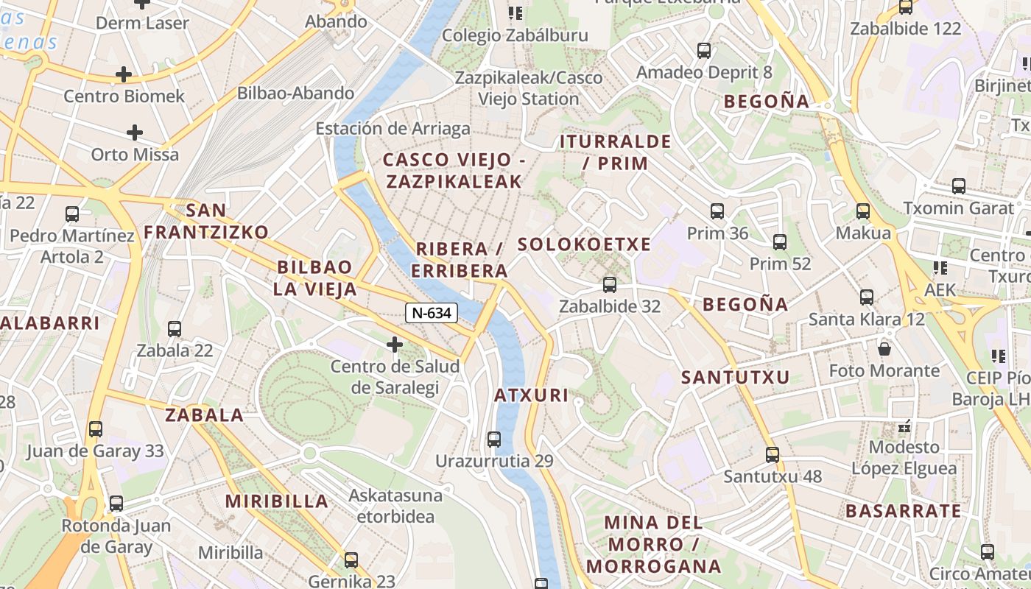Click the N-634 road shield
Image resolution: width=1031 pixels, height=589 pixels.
(432, 313)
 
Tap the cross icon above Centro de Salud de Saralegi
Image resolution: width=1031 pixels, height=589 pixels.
(395, 344)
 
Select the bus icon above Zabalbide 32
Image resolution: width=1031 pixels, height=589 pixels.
(609, 284)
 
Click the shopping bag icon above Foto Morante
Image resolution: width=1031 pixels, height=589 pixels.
(884, 348)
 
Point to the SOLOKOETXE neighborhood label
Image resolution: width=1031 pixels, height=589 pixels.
(584, 244)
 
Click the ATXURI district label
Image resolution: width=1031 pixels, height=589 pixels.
(531, 395)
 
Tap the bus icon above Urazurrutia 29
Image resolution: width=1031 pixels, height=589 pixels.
(494, 440)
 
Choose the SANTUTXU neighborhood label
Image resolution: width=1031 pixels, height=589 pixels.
(735, 378)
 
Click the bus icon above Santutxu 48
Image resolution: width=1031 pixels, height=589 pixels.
(772, 454)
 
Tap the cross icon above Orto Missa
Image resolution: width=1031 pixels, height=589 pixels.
(134, 133)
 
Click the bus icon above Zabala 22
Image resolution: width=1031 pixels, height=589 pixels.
(175, 328)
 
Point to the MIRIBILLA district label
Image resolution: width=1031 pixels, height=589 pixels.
(277, 501)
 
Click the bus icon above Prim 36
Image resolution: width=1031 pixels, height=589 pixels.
(717, 211)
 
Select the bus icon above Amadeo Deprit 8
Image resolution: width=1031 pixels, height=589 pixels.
(704, 51)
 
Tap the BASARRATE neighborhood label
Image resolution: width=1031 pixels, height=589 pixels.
(903, 511)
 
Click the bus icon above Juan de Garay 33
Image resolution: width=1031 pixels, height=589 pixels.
(96, 428)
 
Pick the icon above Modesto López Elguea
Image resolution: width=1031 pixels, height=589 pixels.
(904, 426)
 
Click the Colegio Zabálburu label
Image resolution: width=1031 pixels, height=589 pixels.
(515, 35)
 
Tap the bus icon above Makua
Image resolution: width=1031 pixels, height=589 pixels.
(863, 211)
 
